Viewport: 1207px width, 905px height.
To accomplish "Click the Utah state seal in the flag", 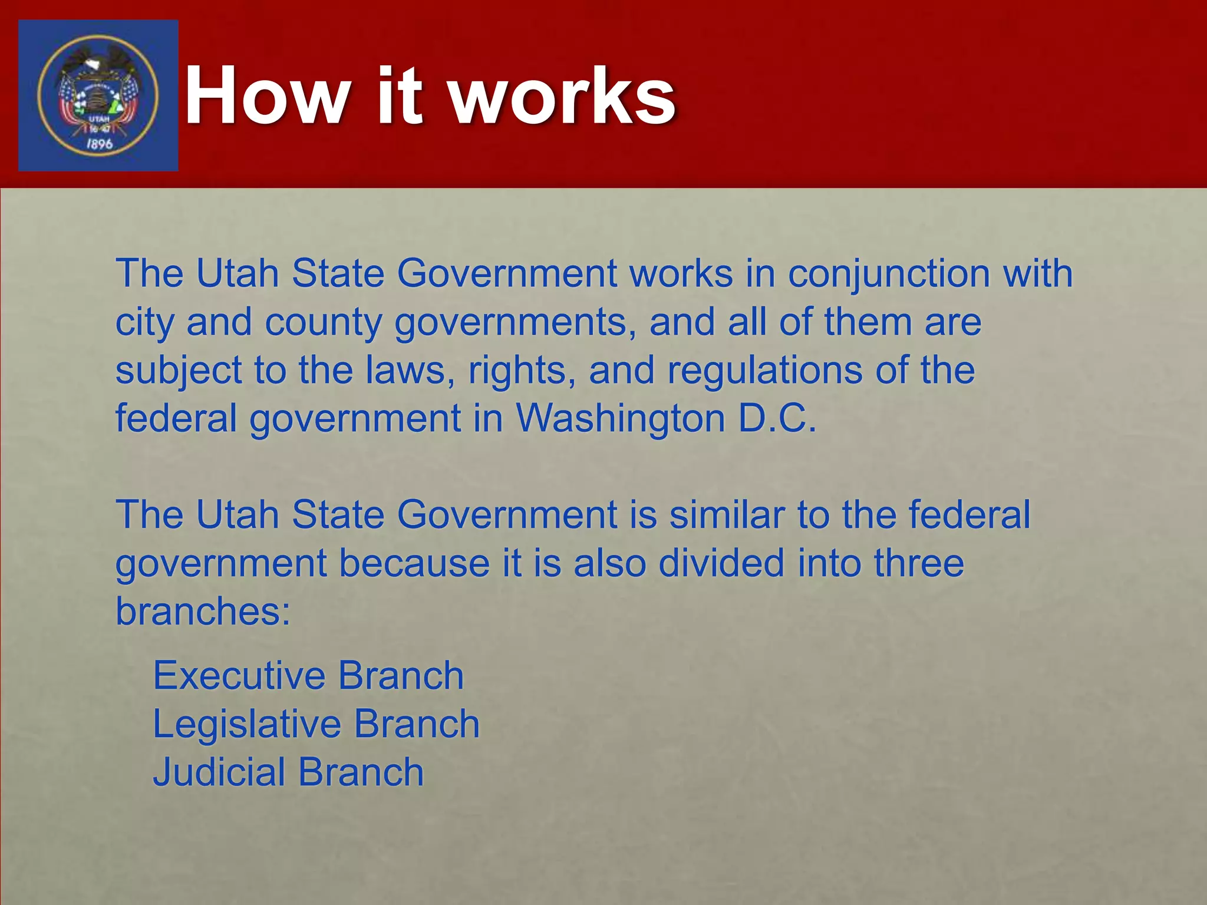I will tap(98, 95).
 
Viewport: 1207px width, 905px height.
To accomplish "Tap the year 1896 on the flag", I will tap(99, 144).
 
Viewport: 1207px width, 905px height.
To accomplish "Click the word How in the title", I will tap(268, 96).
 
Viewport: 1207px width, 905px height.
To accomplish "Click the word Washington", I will tap(620, 419).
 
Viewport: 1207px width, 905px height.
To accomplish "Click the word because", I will tap(414, 563).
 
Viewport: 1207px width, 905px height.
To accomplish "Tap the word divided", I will tap(721, 563).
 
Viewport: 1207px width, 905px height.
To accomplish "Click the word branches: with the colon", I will tap(203, 612).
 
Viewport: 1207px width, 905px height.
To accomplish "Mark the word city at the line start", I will tap(145, 323).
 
